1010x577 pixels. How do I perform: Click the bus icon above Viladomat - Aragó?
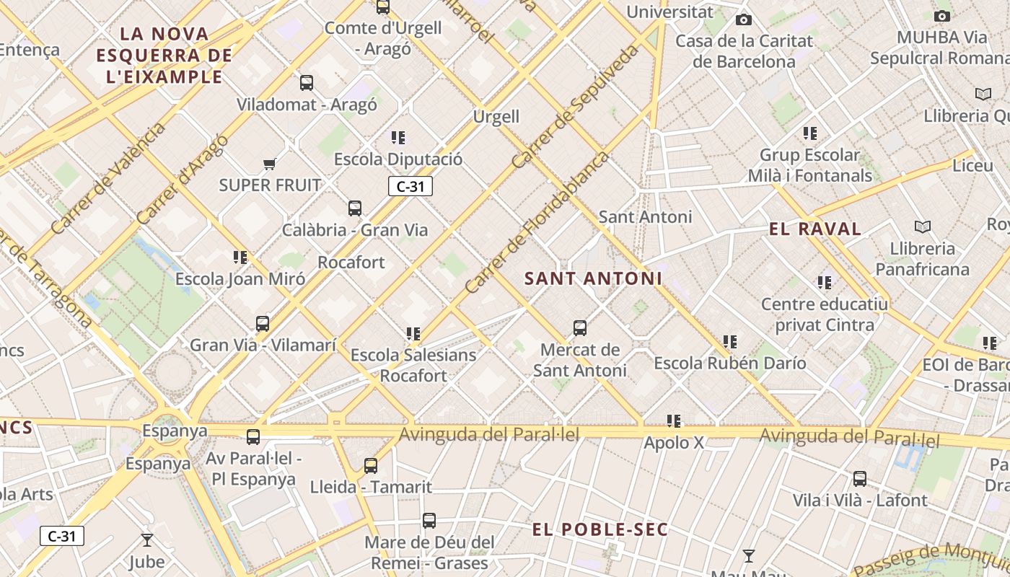point(307,83)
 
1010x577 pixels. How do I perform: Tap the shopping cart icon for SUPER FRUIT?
point(270,164)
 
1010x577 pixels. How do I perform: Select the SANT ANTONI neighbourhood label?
point(593,278)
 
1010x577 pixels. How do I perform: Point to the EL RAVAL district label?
point(815,229)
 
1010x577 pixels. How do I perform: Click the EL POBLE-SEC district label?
point(600,529)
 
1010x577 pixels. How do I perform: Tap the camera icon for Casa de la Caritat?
point(744,19)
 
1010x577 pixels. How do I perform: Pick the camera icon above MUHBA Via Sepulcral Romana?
point(941,16)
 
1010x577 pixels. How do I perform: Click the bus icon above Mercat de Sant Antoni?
point(580,329)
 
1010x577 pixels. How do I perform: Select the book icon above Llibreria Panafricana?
point(922,227)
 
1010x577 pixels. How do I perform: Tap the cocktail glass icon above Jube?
point(147,539)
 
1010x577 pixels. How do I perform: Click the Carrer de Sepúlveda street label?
point(575,107)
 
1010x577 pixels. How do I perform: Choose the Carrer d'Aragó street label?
point(182,179)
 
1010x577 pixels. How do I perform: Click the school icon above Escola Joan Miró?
point(240,257)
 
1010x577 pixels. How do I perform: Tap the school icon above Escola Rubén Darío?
point(730,342)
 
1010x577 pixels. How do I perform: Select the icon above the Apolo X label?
point(674,421)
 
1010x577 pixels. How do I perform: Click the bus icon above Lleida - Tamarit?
point(371,466)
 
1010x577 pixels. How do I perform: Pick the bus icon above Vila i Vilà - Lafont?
point(860,479)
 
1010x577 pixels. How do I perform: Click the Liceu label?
point(972,165)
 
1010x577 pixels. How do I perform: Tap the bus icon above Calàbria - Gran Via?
point(355,208)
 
